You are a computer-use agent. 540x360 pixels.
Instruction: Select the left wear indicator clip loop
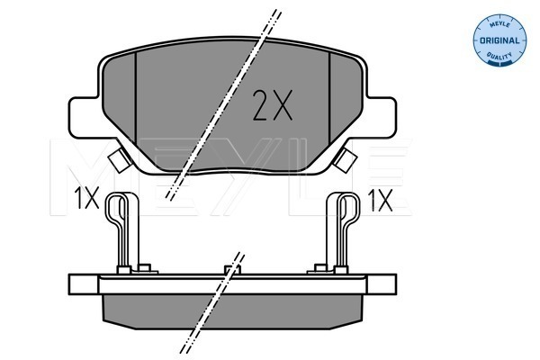114,214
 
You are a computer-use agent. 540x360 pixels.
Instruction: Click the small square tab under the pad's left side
115,162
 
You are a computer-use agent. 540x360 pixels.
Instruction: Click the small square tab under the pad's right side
345,162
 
